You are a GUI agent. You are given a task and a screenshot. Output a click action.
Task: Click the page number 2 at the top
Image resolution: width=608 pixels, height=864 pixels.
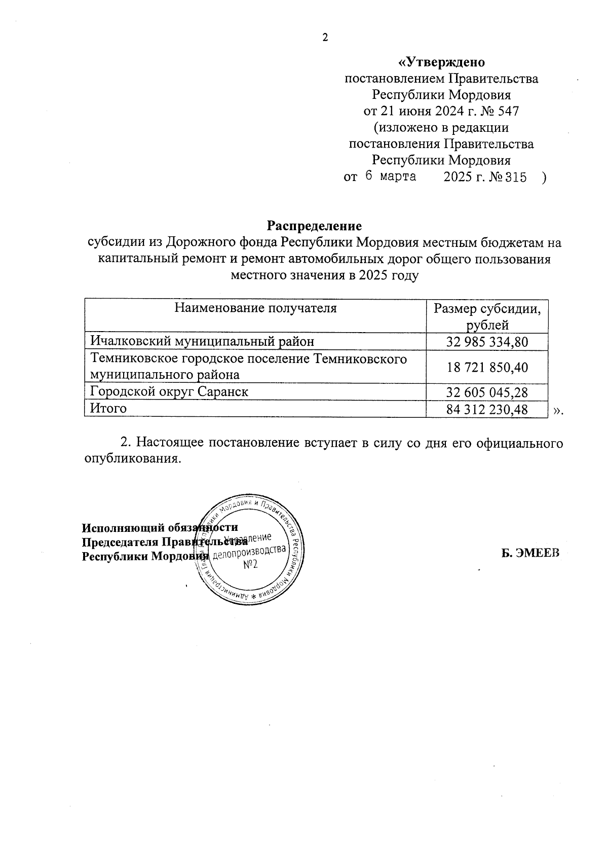coord(325,38)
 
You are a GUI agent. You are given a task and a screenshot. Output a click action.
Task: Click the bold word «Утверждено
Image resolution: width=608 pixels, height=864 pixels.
coord(441,62)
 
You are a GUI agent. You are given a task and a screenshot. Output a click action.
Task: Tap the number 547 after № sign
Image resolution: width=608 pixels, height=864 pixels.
coord(509,111)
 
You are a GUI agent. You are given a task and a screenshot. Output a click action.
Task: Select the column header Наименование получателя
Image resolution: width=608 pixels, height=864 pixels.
coord(255,308)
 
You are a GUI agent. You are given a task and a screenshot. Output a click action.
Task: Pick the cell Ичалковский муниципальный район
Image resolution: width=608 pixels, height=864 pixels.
coord(202,342)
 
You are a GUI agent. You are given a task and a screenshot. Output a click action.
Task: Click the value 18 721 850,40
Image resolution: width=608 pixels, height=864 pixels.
coord(487,367)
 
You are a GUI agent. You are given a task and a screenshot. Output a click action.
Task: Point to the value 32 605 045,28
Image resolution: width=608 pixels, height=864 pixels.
coord(487,392)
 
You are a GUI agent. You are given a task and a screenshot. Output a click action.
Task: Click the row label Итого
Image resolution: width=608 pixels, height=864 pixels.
coord(108,408)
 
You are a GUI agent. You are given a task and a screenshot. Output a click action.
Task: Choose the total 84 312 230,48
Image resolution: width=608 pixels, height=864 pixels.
coord(487,409)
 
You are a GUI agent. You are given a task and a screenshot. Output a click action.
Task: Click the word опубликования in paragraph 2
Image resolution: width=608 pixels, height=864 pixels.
coord(132,459)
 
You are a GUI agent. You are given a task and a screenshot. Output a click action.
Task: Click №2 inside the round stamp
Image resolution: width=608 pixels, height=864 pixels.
coord(250,564)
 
